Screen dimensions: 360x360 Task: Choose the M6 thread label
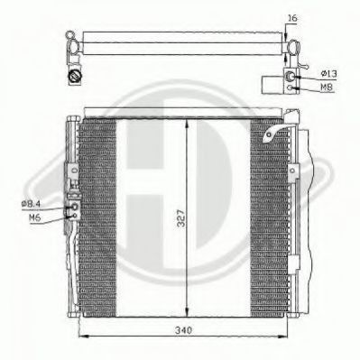point(34,217)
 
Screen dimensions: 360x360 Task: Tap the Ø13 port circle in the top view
point(289,76)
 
